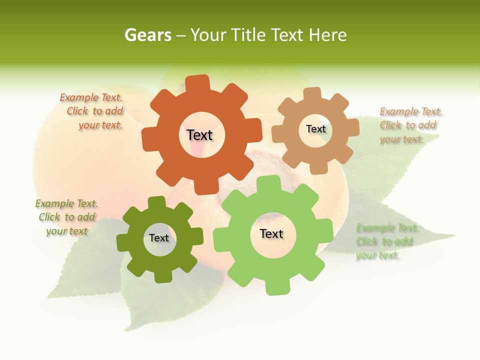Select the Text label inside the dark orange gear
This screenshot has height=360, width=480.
(x=199, y=135)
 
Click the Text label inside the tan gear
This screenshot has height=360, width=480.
(x=315, y=129)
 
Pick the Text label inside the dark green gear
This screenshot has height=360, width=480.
(x=159, y=238)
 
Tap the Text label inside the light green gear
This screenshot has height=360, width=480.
(x=271, y=233)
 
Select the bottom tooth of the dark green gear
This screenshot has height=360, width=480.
(x=162, y=276)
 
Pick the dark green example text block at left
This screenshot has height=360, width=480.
(x=66, y=217)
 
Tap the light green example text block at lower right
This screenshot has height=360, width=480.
(x=385, y=242)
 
